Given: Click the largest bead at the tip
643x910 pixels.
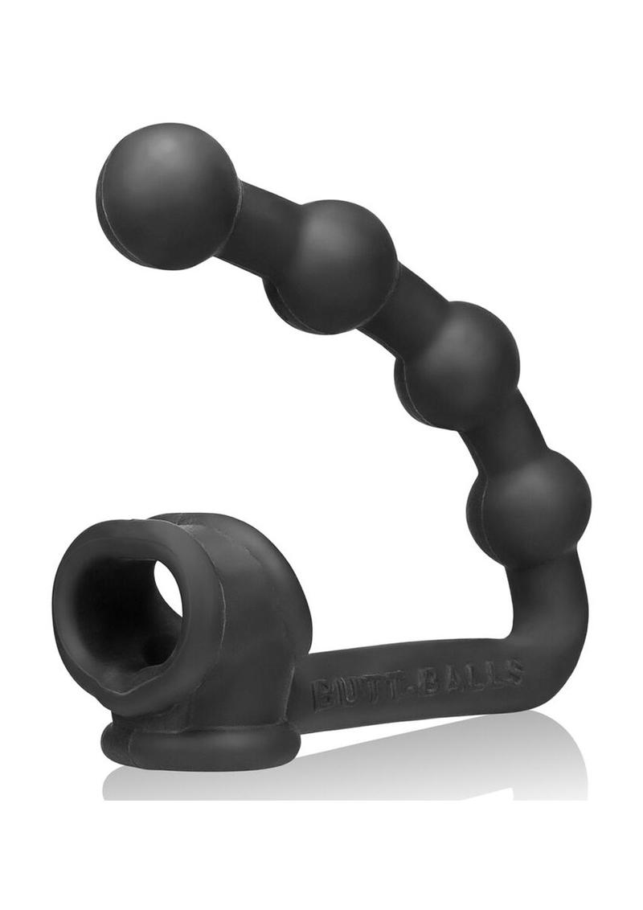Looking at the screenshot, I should coord(167,195).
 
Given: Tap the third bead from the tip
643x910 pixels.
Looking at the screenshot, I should coord(459,366).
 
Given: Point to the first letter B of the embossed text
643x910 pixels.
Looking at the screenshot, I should coord(321,692).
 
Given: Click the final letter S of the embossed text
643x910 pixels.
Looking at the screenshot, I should coord(514,670).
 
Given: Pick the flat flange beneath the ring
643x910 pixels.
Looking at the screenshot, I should coord(201,744).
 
